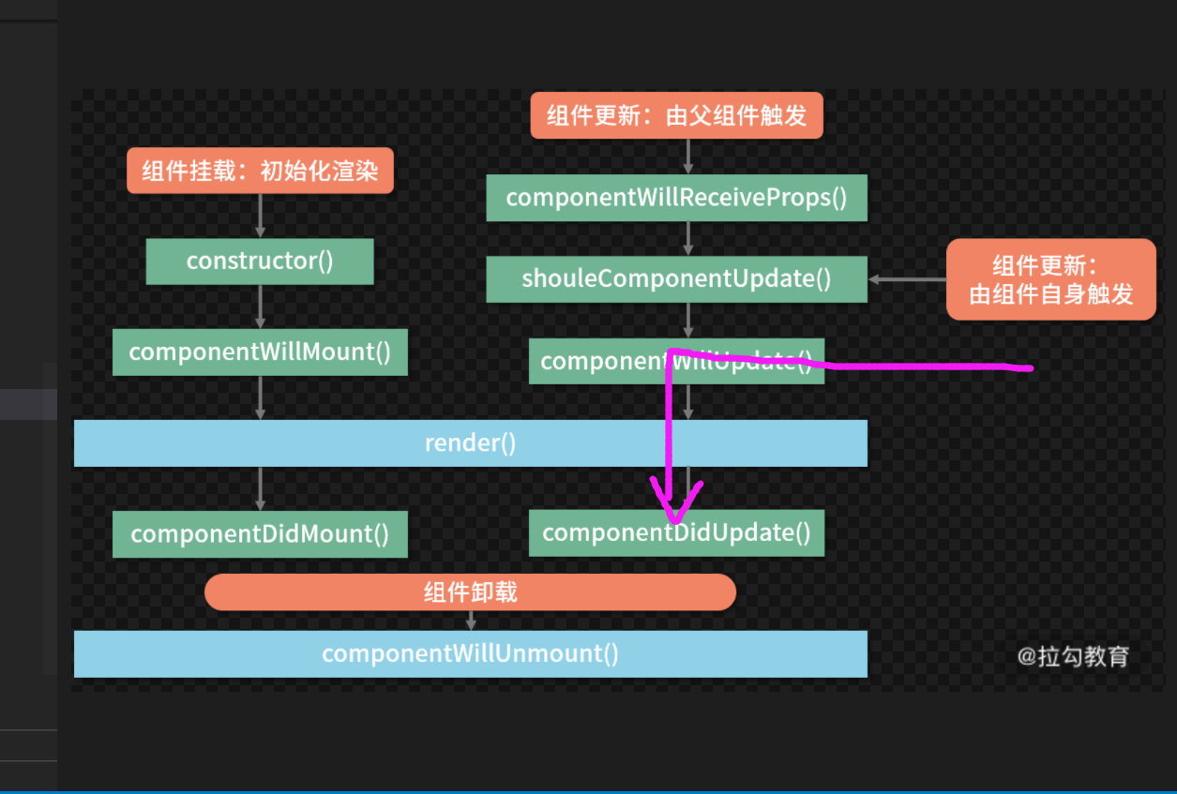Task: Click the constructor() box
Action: (260, 261)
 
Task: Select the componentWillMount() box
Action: (260, 352)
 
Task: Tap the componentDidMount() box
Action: (260, 534)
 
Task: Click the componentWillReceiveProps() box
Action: (676, 198)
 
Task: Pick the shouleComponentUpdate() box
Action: (676, 278)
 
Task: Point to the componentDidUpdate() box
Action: (676, 533)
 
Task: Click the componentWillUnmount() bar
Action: (470, 653)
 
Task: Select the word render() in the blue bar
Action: (470, 442)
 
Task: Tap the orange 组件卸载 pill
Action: (470, 592)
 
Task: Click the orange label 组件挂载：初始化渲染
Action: (260, 172)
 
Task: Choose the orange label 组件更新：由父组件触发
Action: (676, 115)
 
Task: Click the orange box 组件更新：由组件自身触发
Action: (1050, 279)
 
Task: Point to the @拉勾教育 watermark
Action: (1073, 656)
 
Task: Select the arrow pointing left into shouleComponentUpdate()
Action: (906, 279)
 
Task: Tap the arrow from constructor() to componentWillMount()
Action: (261, 306)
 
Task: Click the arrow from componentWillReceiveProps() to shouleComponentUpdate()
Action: (688, 238)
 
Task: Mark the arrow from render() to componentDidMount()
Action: (261, 488)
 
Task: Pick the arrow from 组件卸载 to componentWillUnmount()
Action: (471, 620)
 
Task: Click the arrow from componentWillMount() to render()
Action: (261, 397)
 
